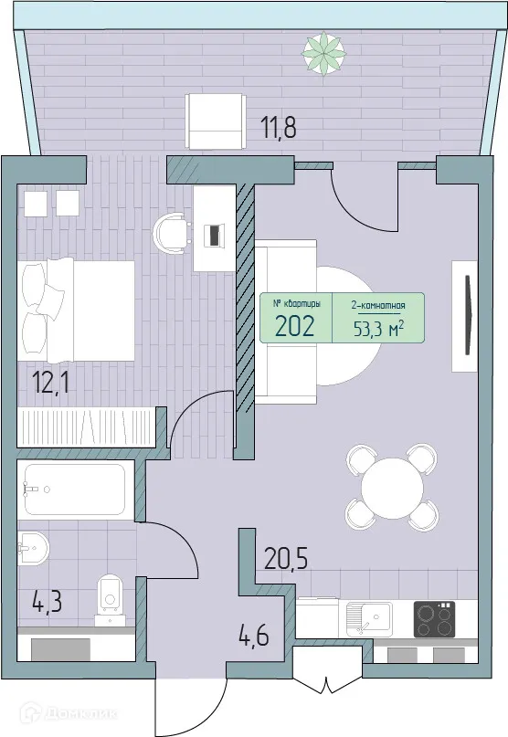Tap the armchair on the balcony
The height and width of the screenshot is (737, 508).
tap(215, 121)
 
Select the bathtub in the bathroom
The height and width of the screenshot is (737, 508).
tap(74, 490)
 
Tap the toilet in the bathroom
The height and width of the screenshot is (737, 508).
tap(111, 595)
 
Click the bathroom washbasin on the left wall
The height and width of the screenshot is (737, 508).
tap(33, 548)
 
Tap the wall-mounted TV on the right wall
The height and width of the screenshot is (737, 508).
tap(468, 314)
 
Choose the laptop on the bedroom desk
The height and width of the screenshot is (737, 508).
tap(214, 234)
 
